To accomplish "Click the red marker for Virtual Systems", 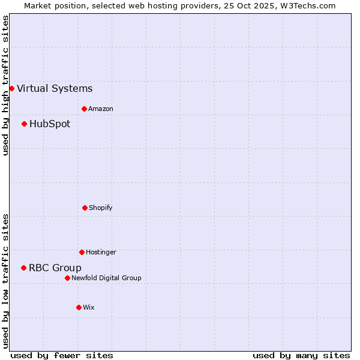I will click(x=11, y=88).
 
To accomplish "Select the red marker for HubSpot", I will click(x=24, y=124).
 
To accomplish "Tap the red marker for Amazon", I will click(x=84, y=109).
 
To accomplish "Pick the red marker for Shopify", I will click(x=85, y=208).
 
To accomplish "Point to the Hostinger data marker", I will click(x=82, y=252).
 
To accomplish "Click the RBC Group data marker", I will click(x=23, y=268).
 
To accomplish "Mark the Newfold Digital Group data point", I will click(x=67, y=278).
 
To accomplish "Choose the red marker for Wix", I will click(x=79, y=307).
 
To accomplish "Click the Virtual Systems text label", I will click(x=55, y=89).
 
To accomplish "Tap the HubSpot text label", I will click(x=50, y=124).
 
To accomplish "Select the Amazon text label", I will click(x=101, y=109).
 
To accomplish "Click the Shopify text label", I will click(x=101, y=208).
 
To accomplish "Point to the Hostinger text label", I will click(x=101, y=253).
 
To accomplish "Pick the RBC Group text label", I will click(x=55, y=268).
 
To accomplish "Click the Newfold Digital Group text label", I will click(x=106, y=278).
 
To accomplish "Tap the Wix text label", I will click(x=89, y=308).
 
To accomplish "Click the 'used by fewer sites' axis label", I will click(x=62, y=355).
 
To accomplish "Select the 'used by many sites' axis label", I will click(x=301, y=355).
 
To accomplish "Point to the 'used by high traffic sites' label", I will click(x=5, y=85).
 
